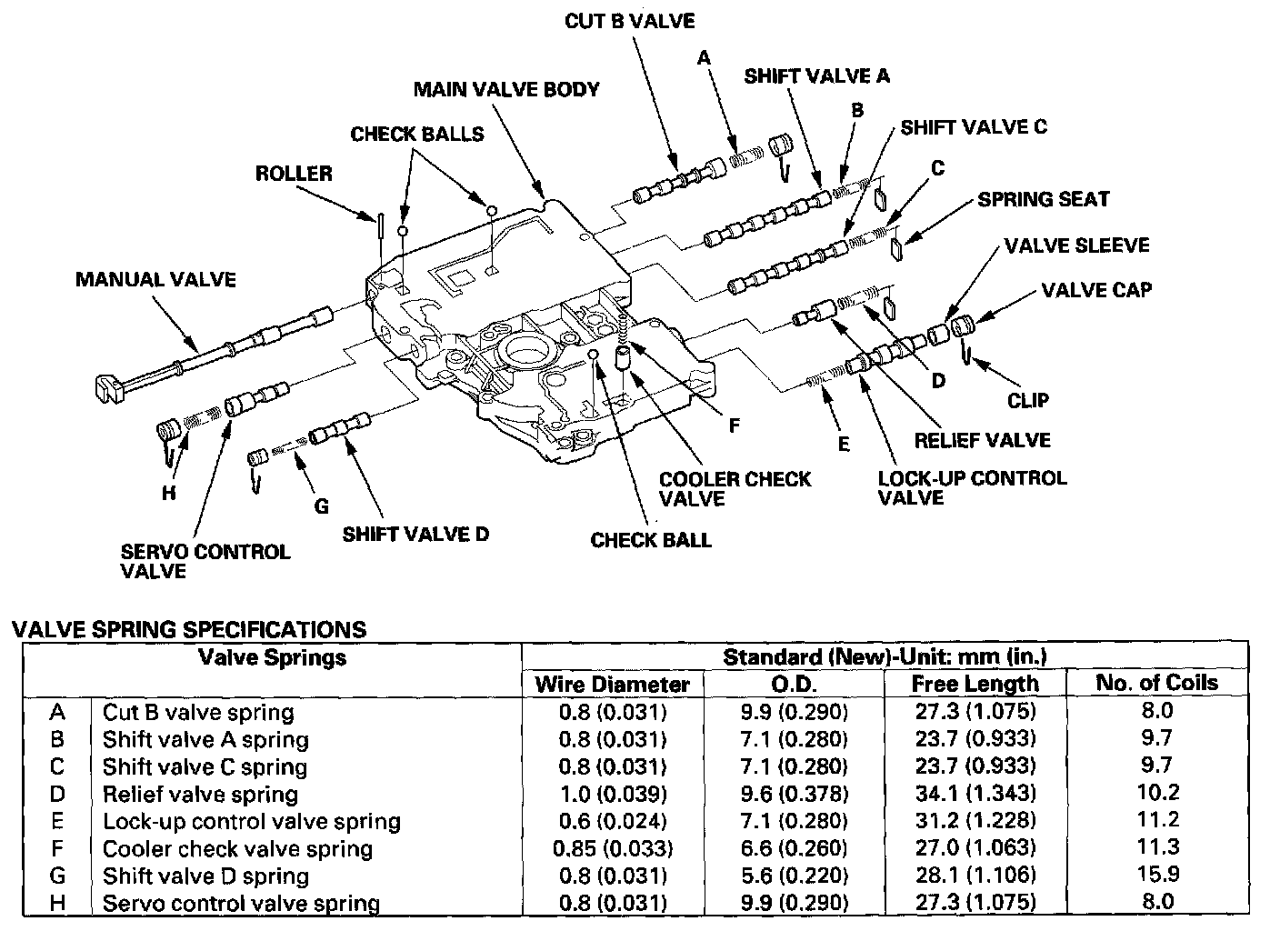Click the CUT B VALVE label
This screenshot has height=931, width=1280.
pos(629,21)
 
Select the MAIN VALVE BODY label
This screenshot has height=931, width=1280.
pos(506,90)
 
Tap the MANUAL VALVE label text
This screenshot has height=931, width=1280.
pos(155,279)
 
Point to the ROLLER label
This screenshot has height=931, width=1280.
pos(294,173)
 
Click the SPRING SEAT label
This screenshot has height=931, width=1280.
pos(1044,199)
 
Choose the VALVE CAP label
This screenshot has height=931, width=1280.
pos(1096,290)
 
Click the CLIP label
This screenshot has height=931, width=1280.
pos(1028,400)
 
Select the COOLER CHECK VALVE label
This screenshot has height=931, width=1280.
pos(735,488)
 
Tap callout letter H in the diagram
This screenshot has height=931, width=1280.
pos(168,494)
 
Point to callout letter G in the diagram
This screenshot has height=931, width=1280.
pos(321,506)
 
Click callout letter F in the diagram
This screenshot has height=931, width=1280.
pos(734,425)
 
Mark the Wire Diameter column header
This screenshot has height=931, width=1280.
pos(612,684)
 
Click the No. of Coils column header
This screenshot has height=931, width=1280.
pos(1156,683)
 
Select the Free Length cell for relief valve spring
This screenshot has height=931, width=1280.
pos(975,794)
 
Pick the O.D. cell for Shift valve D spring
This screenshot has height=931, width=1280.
pos(793,876)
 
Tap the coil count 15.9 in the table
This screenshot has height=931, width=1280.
pos(1156,875)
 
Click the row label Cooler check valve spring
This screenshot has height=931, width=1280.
pos(237,849)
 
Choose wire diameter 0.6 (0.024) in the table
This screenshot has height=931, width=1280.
pos(612,821)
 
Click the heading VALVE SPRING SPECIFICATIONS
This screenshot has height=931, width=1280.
pos(188,629)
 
